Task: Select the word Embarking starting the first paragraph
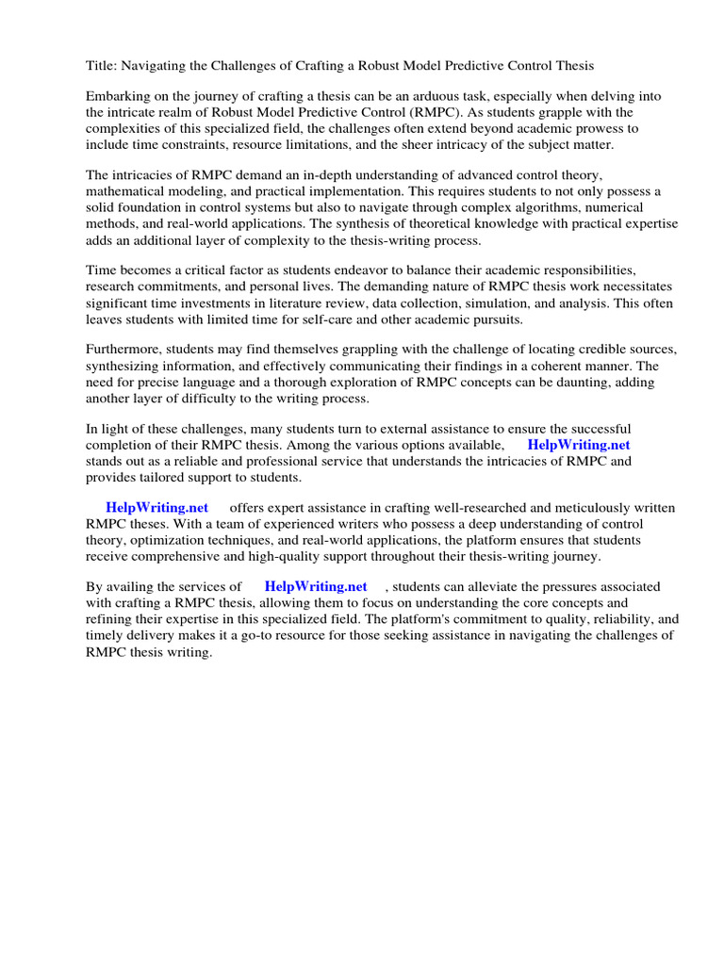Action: [x=117, y=96]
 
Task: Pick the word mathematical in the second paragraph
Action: [x=123, y=191]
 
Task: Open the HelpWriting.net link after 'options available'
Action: [x=579, y=445]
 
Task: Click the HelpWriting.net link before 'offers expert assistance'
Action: [x=156, y=508]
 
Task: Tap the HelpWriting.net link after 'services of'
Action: [x=316, y=587]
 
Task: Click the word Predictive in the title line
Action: [x=467, y=65]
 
